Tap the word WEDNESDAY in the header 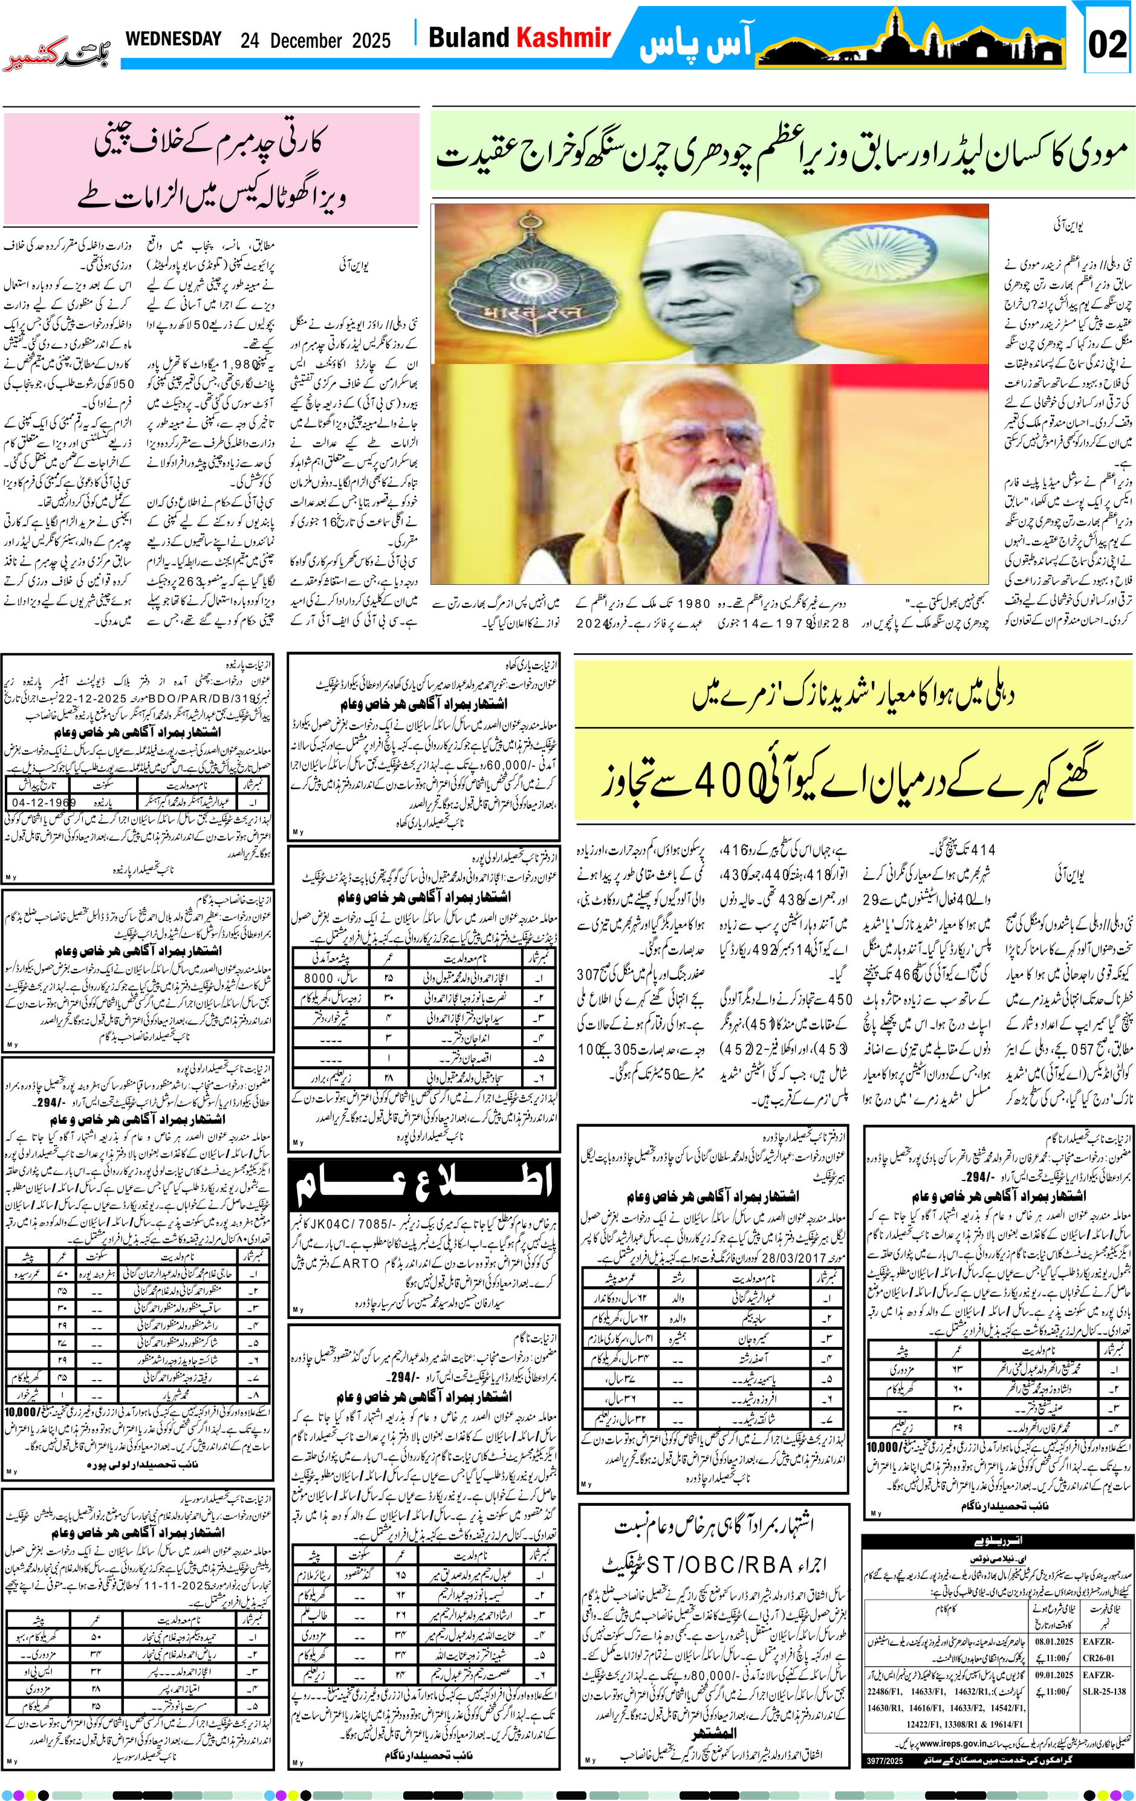point(174,39)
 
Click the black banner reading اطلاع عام point(424,1184)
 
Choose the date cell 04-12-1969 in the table point(44,803)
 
